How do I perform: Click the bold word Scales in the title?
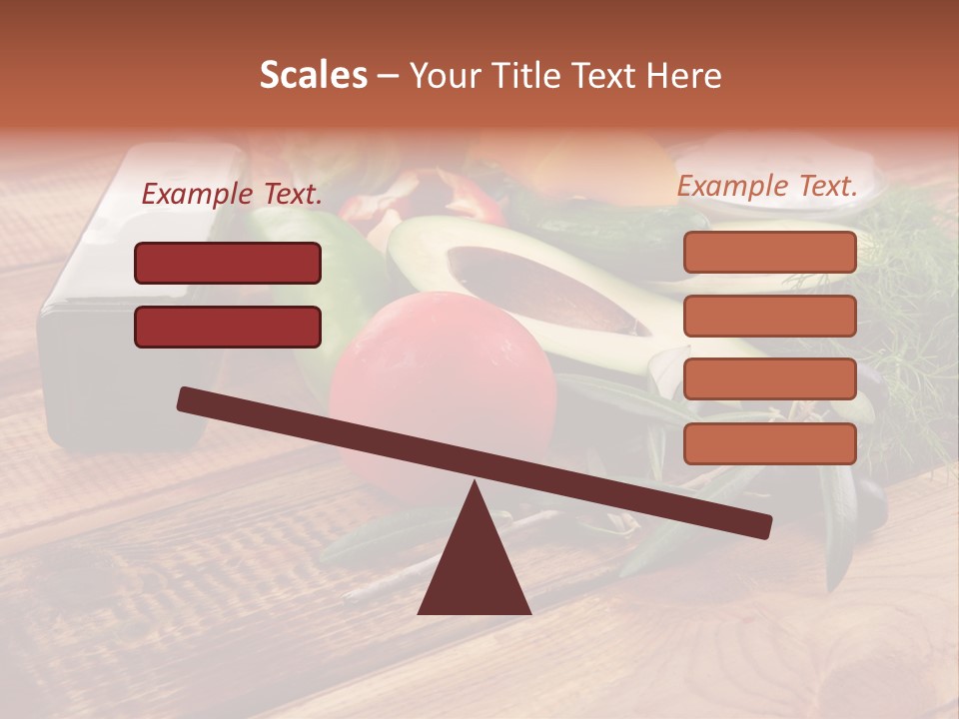pyautogui.click(x=313, y=75)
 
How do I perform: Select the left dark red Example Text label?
pyautogui.click(x=232, y=195)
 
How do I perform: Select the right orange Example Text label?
pyautogui.click(x=767, y=186)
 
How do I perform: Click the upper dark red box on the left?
pyautogui.click(x=228, y=263)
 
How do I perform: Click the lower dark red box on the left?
pyautogui.click(x=228, y=327)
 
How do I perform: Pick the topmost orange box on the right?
pyautogui.click(x=769, y=252)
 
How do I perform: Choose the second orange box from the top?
pyautogui.click(x=769, y=316)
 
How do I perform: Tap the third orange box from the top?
pyautogui.click(x=769, y=379)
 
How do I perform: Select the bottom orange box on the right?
pyautogui.click(x=769, y=443)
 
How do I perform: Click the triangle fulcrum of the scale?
pyautogui.click(x=474, y=569)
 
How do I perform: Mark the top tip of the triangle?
pyautogui.click(x=474, y=485)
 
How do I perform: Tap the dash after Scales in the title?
pyautogui.click(x=388, y=75)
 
